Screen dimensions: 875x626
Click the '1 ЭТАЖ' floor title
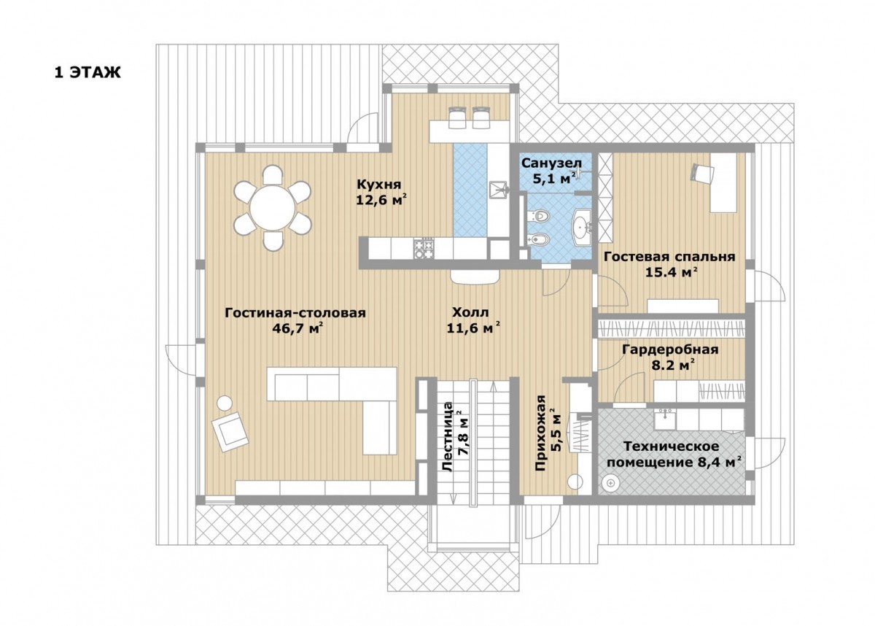click(87, 72)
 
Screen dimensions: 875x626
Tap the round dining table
click(273, 207)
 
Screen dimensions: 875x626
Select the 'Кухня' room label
click(379, 184)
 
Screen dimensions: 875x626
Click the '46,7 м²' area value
click(297, 328)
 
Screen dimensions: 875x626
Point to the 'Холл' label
click(470, 312)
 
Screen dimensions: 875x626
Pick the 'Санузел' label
click(551, 163)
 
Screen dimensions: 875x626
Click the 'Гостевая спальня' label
click(669, 257)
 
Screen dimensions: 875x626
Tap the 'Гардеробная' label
click(670, 349)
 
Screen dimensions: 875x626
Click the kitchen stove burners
click(424, 249)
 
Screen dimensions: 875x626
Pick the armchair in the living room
click(230, 432)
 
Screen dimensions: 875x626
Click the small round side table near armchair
click(225, 403)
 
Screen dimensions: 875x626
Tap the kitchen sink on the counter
click(499, 190)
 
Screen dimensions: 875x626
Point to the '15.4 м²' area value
click(672, 272)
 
